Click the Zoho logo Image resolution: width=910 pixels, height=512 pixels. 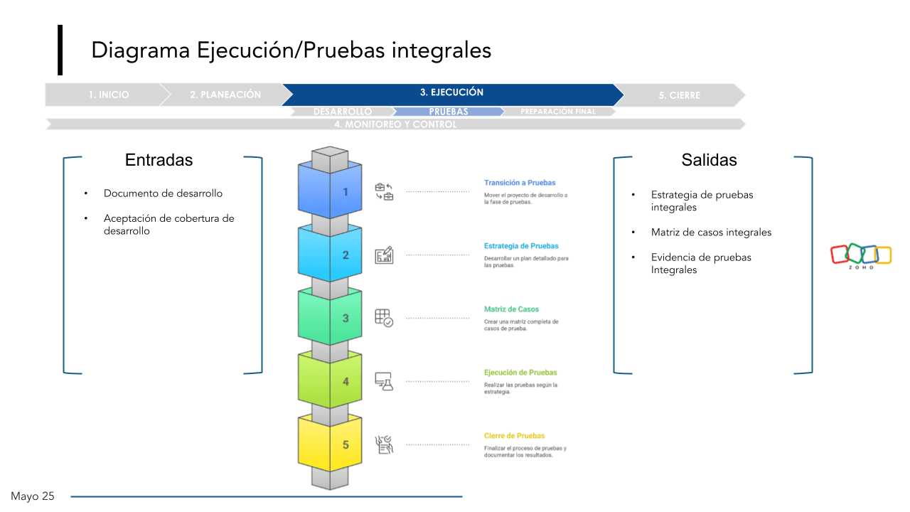861,256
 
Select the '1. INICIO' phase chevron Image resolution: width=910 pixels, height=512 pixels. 109,95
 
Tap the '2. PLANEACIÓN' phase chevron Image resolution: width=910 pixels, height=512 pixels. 225,95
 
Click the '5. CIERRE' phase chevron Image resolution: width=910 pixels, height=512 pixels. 684,95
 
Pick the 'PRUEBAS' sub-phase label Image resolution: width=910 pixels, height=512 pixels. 449,112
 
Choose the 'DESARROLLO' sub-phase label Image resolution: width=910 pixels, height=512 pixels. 343,112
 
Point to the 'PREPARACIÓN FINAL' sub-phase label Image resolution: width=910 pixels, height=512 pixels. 558,112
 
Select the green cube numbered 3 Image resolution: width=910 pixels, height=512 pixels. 330,317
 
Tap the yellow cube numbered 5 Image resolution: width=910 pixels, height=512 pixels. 330,444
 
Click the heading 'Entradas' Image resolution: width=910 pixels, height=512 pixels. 159,160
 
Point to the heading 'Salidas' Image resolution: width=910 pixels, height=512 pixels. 709,160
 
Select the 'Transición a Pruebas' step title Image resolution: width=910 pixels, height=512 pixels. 520,183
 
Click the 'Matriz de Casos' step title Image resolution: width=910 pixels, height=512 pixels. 511,309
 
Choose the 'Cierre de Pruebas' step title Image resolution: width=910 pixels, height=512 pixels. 515,436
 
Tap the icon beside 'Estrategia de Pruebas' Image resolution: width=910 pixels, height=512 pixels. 384,255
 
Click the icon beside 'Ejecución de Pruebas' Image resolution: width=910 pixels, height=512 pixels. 384,381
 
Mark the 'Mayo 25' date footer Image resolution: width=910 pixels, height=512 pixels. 33,496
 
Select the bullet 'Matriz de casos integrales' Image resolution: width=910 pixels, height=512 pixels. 711,233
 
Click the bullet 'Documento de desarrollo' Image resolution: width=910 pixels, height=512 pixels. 163,193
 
